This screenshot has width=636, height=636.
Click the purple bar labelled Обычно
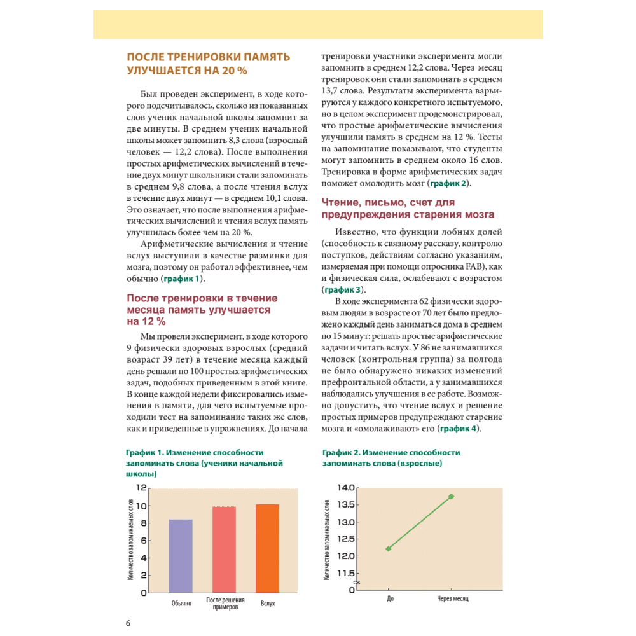pos(181,556)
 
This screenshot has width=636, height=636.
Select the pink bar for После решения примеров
pos(224,549)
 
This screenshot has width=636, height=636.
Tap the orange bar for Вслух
pos(267,548)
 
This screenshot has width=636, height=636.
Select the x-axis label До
pos(389,600)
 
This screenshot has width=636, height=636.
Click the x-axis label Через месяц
pos(452,600)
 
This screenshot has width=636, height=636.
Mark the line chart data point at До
pos(389,548)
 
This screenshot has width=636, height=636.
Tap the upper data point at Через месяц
pos(452,496)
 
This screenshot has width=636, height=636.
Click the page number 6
pos(128,622)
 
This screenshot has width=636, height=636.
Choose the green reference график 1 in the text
pos(183,279)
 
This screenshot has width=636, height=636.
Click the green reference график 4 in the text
pos(457,429)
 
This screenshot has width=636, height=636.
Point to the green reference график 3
pos(342,289)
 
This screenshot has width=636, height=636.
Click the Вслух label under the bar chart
pos(268,603)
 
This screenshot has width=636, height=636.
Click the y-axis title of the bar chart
pos(130,540)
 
